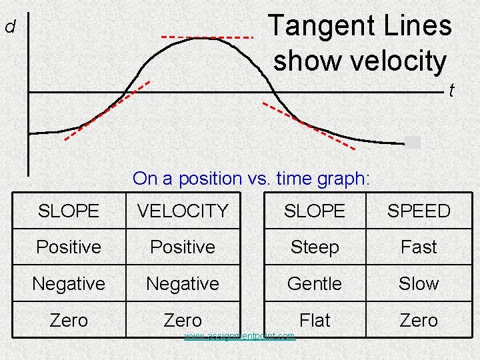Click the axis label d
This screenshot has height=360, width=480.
pyautogui.click(x=10, y=27)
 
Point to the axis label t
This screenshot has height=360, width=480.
pyautogui.click(x=451, y=90)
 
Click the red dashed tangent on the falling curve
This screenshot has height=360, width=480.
pyautogui.click(x=308, y=125)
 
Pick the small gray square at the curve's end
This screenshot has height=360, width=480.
pyautogui.click(x=413, y=141)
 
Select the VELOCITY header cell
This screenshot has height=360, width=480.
pyautogui.click(x=183, y=211)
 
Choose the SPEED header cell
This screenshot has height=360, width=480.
pyautogui.click(x=419, y=211)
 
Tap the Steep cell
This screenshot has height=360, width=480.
pyautogui.click(x=315, y=247)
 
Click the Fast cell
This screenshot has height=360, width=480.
pyautogui.click(x=419, y=247)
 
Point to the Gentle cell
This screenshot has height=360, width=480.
pyautogui.click(x=315, y=283)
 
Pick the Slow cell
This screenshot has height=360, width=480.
pyautogui.click(x=419, y=283)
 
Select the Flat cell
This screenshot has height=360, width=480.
pyautogui.click(x=315, y=320)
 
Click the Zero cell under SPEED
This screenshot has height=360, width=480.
pyautogui.click(x=419, y=320)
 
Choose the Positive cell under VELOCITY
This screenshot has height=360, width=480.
pyautogui.click(x=183, y=247)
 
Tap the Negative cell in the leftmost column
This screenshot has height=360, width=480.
pyautogui.click(x=69, y=283)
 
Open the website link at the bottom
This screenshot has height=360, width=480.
pyautogui.click(x=239, y=336)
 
